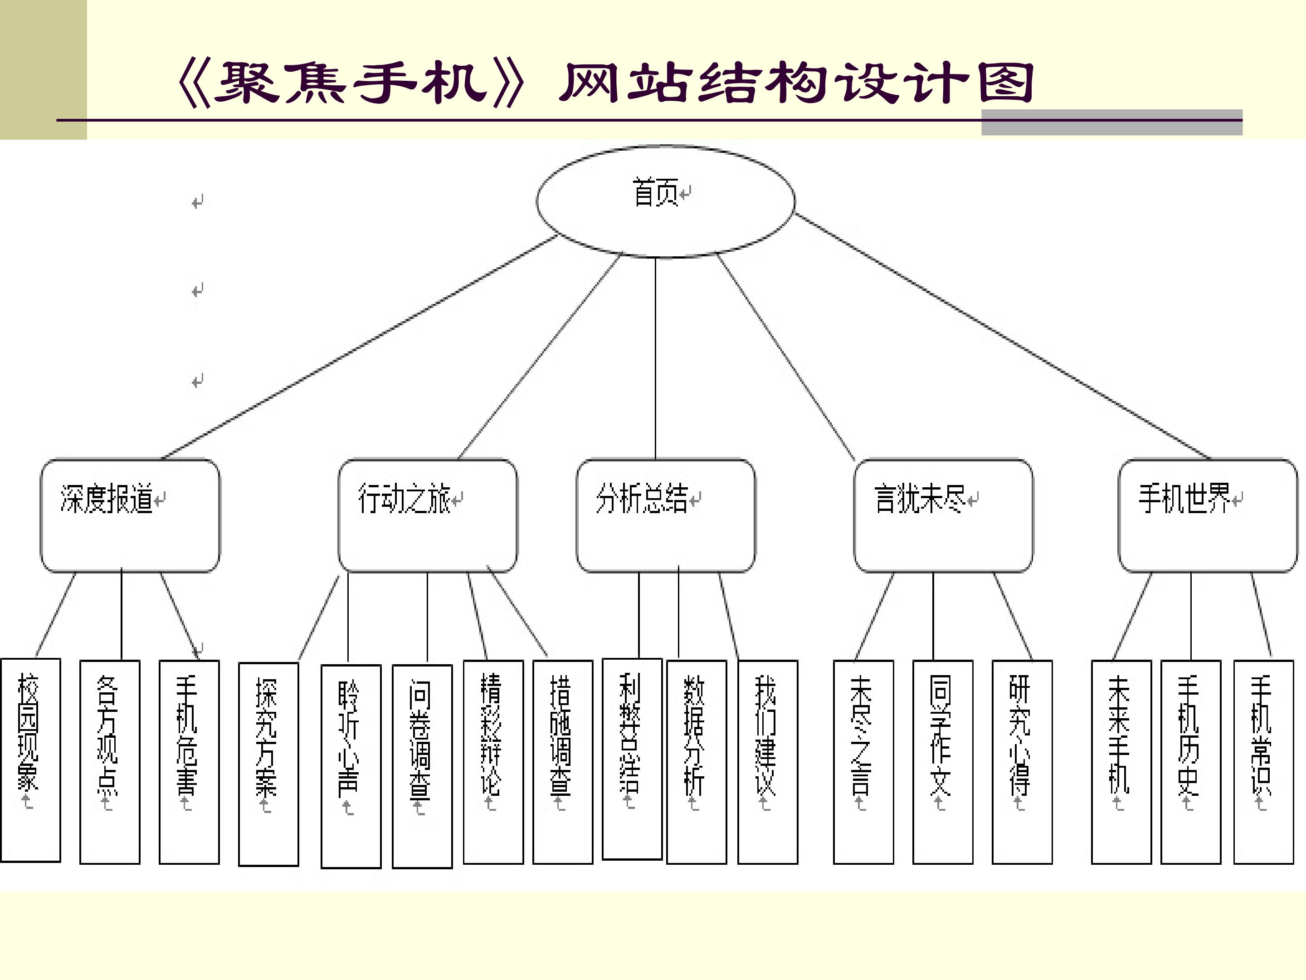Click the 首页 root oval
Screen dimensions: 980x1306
[x=665, y=201]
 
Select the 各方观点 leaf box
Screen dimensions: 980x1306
[x=110, y=762]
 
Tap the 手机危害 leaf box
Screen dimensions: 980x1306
[x=189, y=762]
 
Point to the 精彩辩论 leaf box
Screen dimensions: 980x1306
[x=493, y=762]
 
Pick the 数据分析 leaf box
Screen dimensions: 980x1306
[x=696, y=762]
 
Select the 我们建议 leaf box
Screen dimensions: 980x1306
[x=768, y=762]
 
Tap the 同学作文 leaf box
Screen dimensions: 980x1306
[x=942, y=762]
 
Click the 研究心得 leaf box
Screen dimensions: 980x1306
[x=1022, y=762]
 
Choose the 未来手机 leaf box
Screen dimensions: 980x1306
[x=1121, y=762]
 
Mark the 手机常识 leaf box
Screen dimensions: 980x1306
[x=1263, y=762]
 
